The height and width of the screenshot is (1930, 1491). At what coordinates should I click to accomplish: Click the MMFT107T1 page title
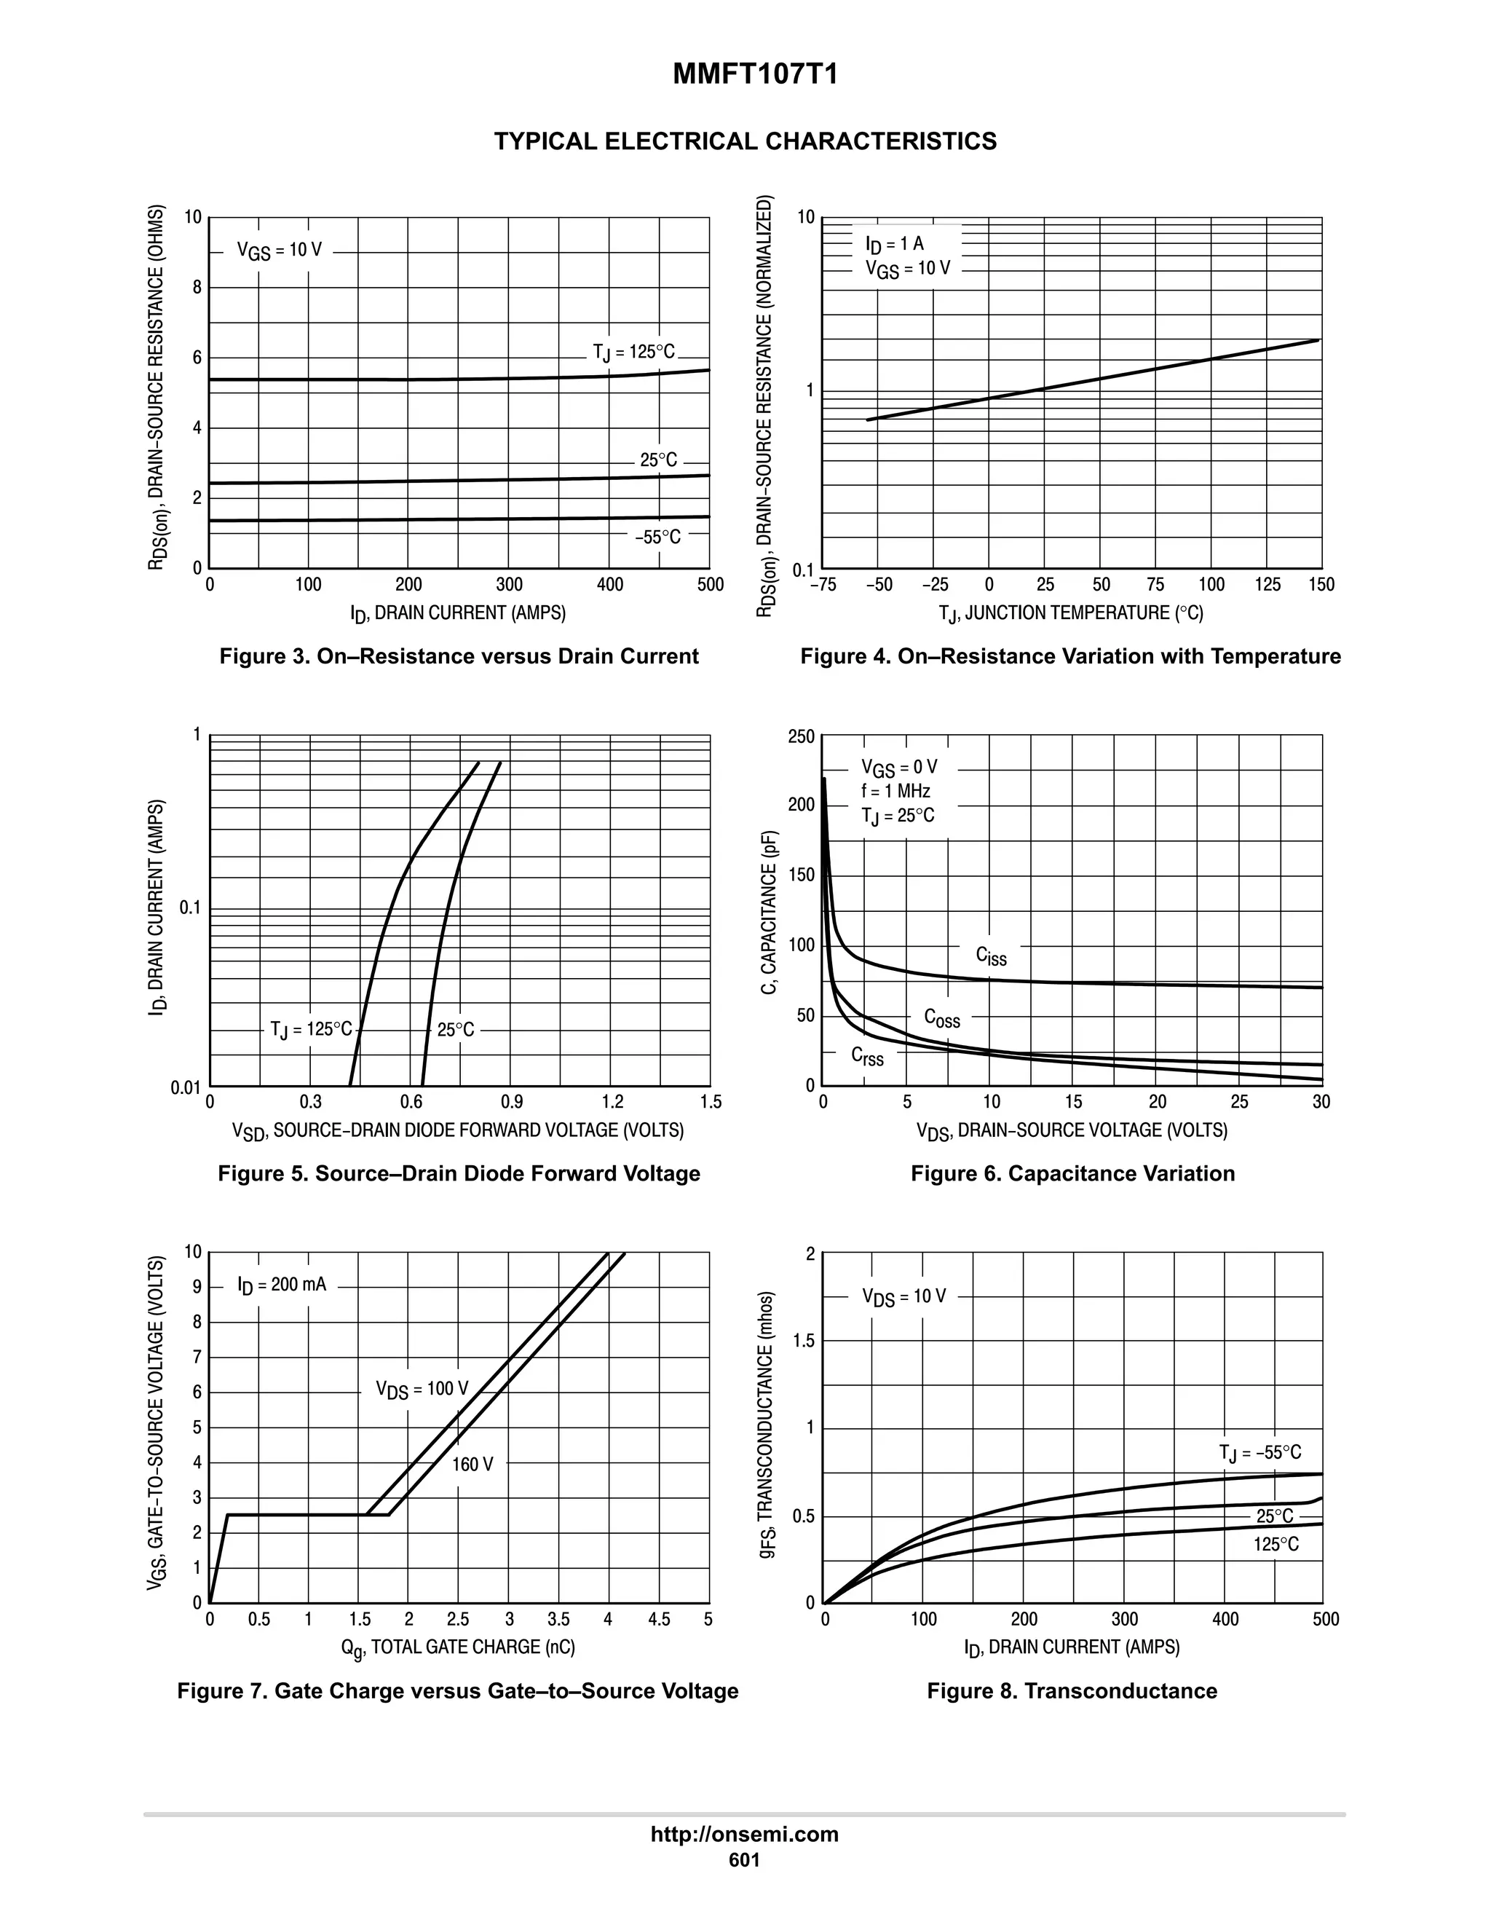pos(754,74)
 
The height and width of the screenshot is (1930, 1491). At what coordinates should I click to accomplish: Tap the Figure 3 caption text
pos(459,657)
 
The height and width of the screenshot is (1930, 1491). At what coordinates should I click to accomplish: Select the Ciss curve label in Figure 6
pos(990,956)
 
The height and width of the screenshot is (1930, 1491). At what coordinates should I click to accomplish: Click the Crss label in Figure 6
pos(866,1056)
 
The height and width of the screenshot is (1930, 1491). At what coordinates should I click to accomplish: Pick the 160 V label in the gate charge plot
pos(472,1465)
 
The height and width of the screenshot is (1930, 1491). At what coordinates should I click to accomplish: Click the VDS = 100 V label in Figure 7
pos(422,1389)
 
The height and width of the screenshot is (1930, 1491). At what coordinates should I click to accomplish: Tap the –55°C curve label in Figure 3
pos(657,537)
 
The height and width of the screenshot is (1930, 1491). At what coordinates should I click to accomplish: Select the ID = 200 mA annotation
pos(282,1285)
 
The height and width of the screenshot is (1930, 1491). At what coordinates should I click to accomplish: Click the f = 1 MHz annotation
pos(895,791)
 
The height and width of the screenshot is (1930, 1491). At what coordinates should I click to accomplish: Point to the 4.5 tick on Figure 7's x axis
pos(658,1620)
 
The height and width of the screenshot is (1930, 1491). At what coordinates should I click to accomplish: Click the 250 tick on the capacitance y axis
pos(801,737)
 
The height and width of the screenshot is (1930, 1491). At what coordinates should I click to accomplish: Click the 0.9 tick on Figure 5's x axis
pos(511,1102)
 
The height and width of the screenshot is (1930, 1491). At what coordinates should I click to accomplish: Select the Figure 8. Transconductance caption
pos(1072,1691)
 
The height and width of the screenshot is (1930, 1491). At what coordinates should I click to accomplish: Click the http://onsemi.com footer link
pos(744,1835)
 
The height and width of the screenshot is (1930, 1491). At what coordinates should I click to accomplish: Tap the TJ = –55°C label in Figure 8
pos(1259,1453)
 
